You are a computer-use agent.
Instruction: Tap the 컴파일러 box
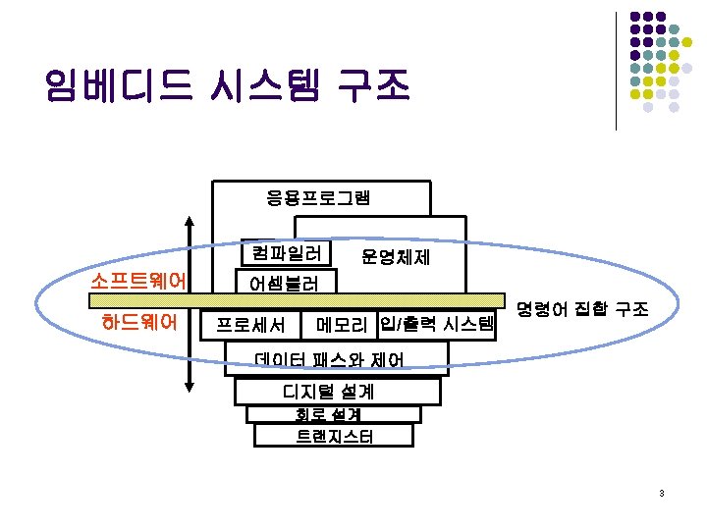coord(286,253)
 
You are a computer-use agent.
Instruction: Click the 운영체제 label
coord(395,257)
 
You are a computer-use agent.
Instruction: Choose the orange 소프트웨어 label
coord(138,280)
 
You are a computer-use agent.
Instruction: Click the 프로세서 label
coord(250,324)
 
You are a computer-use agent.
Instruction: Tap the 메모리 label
coord(341,324)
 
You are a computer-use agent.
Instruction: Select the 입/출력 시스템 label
coord(435,323)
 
